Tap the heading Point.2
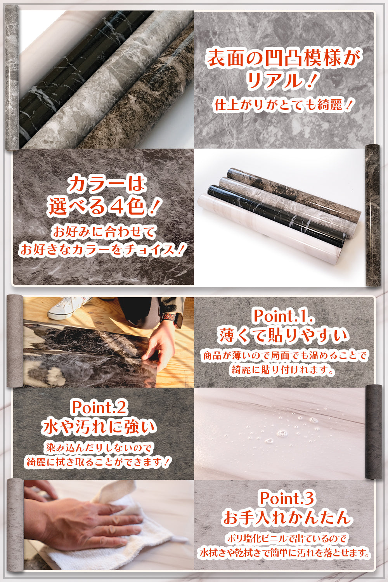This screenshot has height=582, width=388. coord(99,407)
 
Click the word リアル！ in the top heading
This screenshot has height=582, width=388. coord(280,81)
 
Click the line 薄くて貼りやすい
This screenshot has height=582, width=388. coord(283,336)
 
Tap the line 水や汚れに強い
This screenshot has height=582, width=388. coord(99,427)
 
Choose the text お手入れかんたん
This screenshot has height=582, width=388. coord(287,518)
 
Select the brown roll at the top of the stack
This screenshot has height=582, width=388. coord(294,191)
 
